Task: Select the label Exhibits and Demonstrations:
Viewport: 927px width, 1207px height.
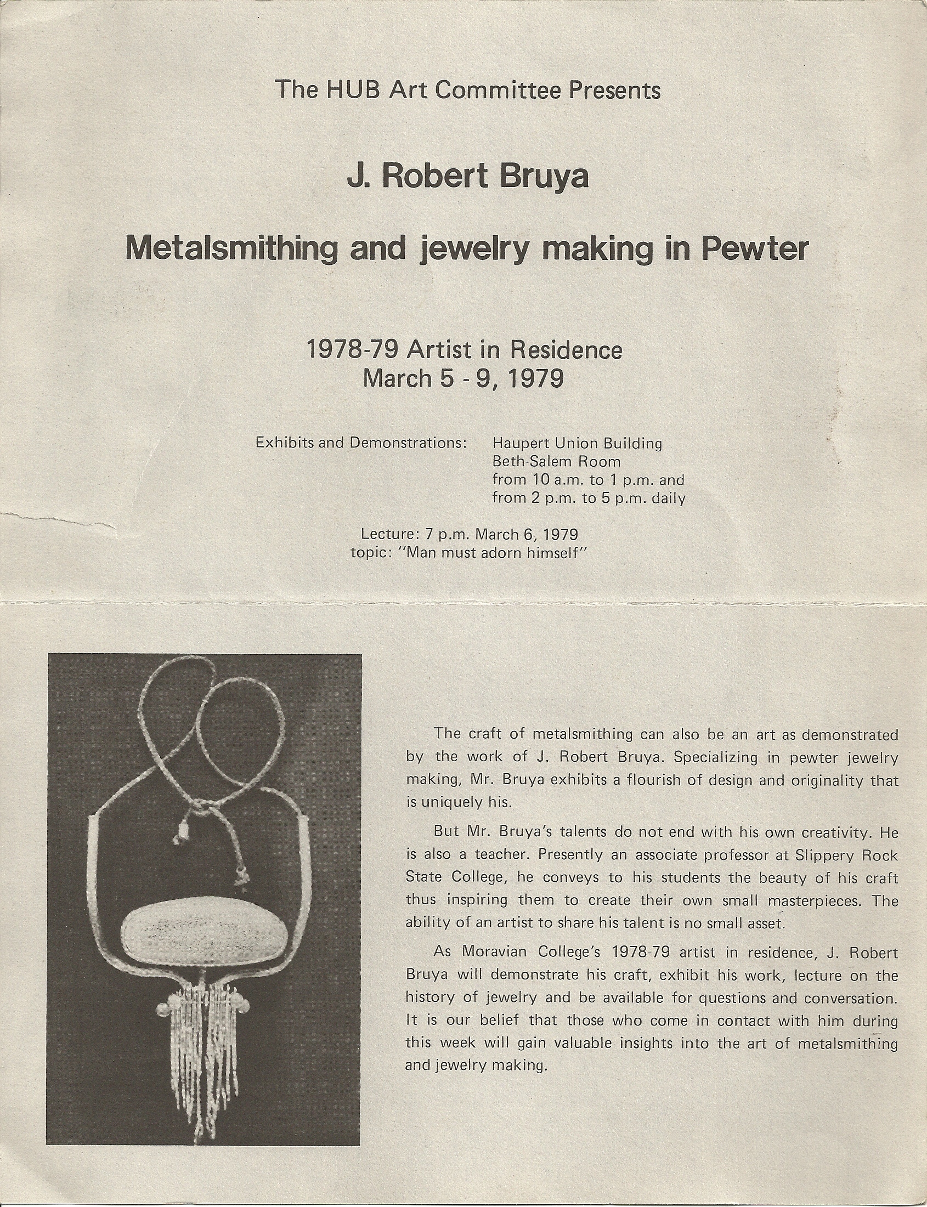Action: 361,443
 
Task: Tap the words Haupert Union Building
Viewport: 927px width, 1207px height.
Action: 576,443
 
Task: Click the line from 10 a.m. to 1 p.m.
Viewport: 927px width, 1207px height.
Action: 588,480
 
